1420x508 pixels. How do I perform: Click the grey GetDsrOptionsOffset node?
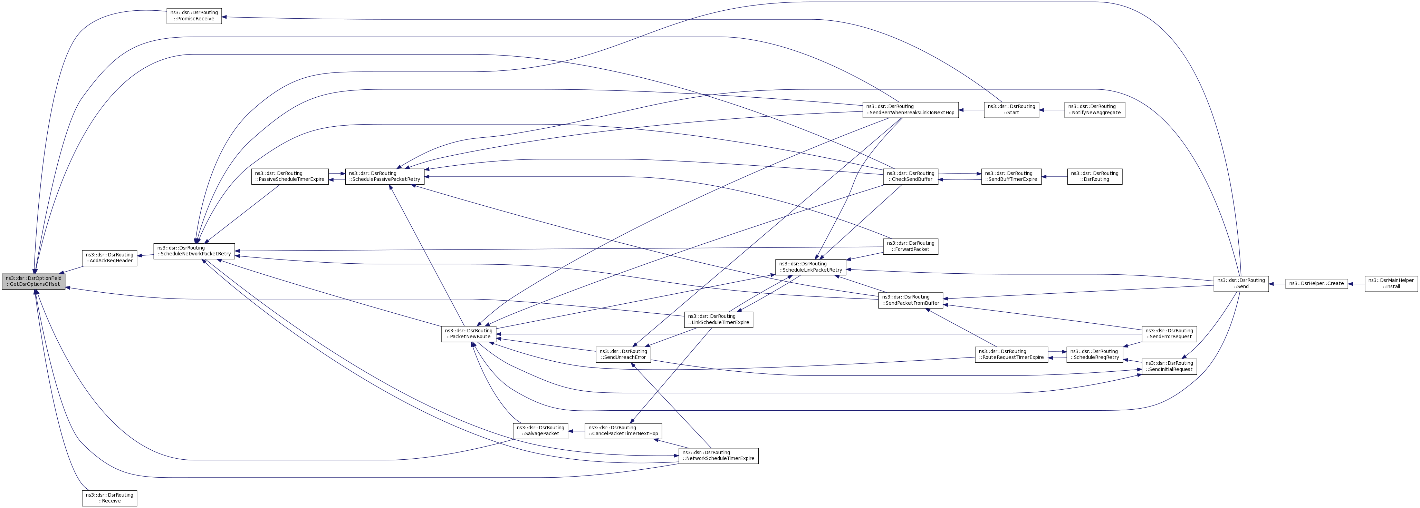[x=33, y=281]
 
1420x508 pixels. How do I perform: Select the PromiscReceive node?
[x=194, y=16]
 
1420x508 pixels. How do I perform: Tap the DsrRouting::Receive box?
[x=109, y=498]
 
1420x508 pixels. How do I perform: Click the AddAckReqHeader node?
[x=109, y=257]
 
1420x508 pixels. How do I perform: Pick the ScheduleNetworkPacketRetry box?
[x=194, y=251]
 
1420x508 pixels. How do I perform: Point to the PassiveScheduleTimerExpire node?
[x=290, y=176]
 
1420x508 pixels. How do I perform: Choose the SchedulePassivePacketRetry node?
[x=385, y=176]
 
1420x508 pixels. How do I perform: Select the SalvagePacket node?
[x=540, y=430]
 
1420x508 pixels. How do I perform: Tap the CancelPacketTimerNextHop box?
[x=623, y=430]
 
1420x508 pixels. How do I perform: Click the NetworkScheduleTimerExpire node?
[x=718, y=455]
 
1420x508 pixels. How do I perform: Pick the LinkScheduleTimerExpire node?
[x=718, y=319]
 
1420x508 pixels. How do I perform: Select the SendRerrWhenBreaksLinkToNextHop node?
[x=910, y=109]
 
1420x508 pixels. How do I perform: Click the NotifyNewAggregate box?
[x=1094, y=109]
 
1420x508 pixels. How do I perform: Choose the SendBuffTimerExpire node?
[x=1011, y=176]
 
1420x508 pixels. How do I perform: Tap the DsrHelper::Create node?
[x=1316, y=283]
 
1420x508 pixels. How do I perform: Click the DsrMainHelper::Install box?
[x=1391, y=283]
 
